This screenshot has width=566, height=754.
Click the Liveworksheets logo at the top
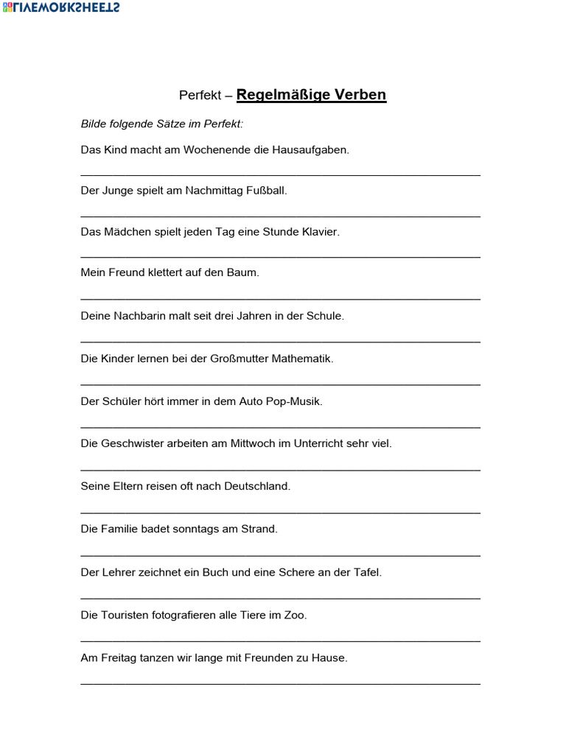coord(62,7)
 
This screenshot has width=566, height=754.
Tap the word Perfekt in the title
coord(200,96)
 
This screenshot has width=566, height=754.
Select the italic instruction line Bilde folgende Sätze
coord(161,124)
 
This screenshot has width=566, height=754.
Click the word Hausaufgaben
coord(310,149)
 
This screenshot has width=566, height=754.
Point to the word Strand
coord(259,529)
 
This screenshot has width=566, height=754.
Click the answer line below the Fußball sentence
coord(280,216)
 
